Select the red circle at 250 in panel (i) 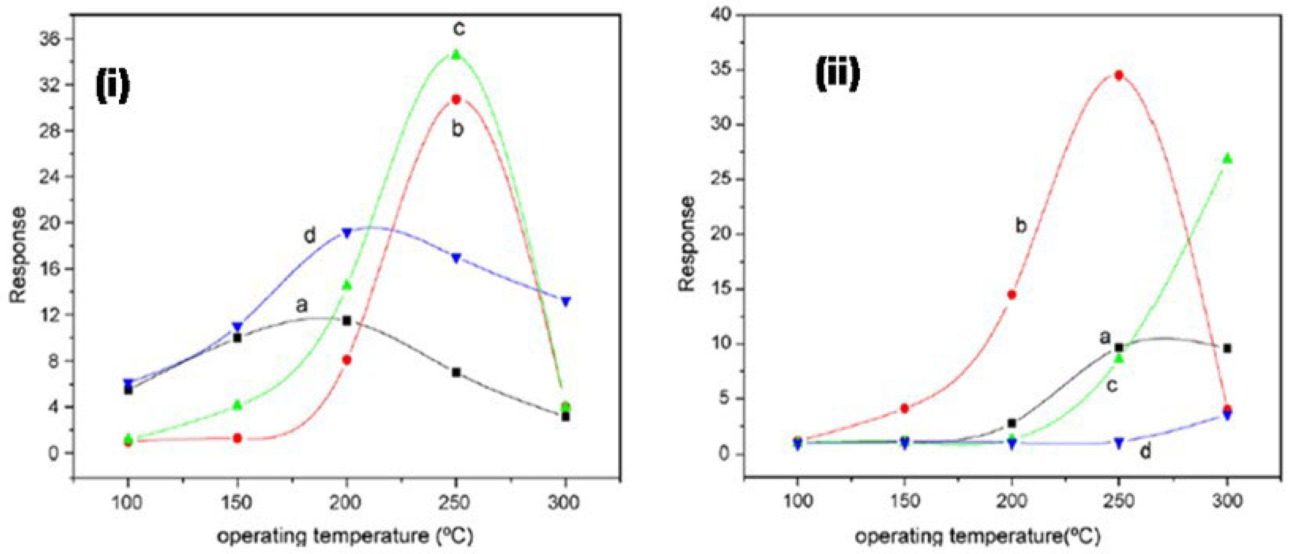(456, 99)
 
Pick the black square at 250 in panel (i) (456, 372)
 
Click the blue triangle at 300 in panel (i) (566, 301)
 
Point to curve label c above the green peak (458, 28)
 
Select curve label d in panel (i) (310, 235)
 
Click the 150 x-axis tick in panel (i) (237, 502)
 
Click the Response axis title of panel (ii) (688, 244)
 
